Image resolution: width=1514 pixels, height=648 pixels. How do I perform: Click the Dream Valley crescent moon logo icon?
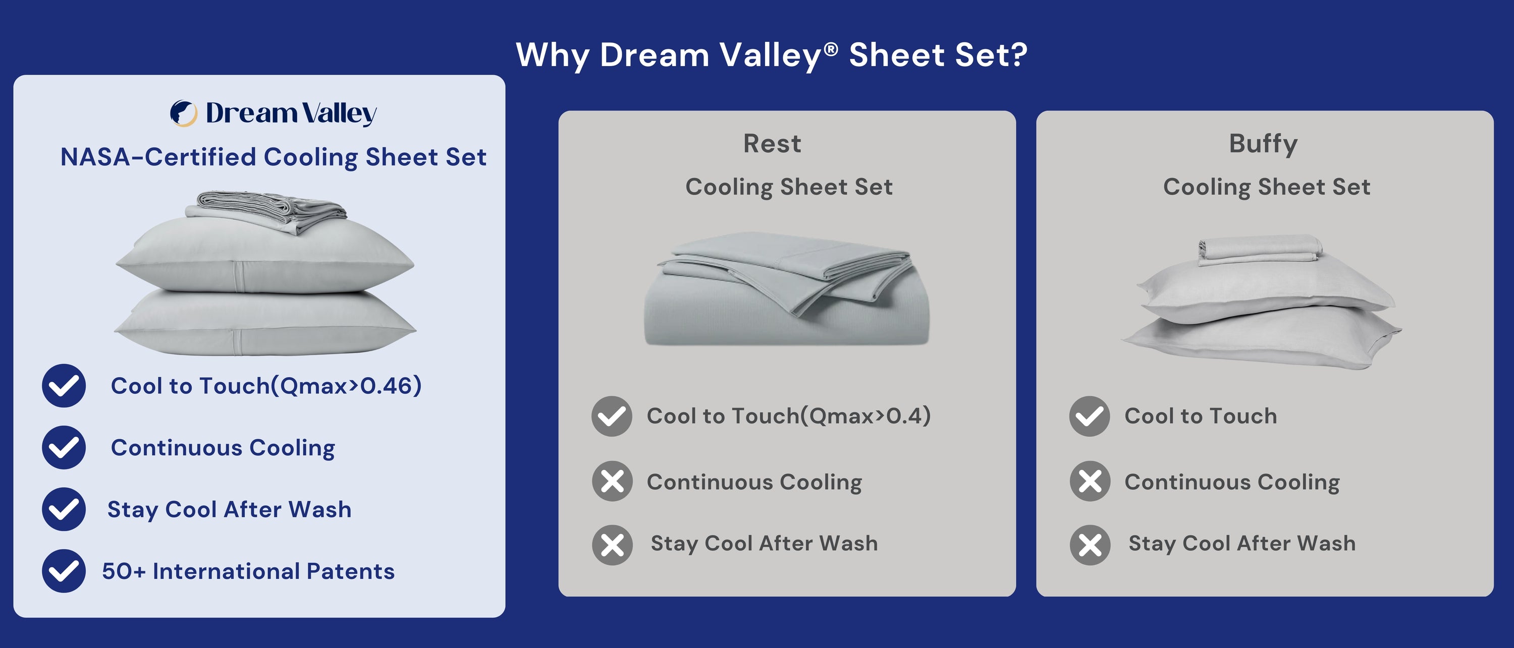click(183, 113)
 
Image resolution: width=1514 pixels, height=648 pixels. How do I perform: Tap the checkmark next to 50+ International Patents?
click(64, 570)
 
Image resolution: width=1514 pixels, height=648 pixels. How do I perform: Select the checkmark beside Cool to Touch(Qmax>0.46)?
click(64, 385)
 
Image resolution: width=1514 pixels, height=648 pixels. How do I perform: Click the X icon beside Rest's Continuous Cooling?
click(612, 481)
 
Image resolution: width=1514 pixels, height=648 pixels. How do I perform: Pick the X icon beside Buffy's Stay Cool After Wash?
click(1090, 545)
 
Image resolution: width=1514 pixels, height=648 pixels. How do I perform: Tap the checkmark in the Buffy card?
click(1089, 416)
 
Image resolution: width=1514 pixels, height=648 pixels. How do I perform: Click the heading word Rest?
click(772, 143)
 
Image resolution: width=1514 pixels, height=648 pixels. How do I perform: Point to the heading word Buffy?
click(1263, 143)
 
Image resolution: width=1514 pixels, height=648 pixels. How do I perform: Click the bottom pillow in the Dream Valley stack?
click(264, 323)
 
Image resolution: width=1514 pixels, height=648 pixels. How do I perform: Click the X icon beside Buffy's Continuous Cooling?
click(1090, 481)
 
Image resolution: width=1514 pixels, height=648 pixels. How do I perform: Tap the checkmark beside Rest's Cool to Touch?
click(612, 416)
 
